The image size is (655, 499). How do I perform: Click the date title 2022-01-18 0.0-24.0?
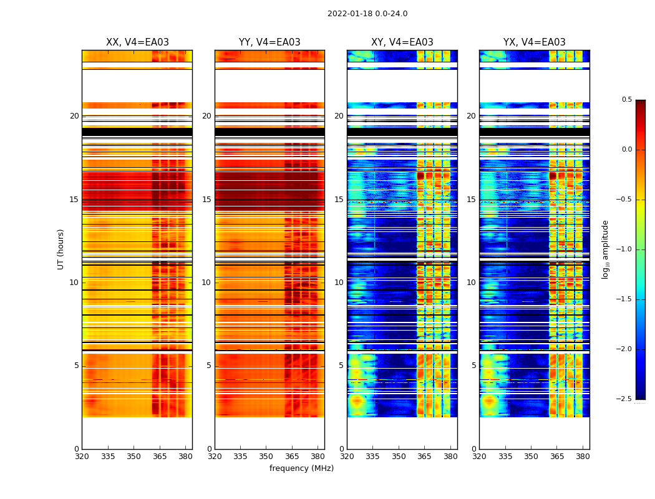click(367, 14)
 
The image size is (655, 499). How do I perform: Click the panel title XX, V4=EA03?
click(137, 42)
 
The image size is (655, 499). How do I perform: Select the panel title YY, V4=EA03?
click(269, 42)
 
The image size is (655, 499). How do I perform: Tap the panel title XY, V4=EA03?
click(402, 42)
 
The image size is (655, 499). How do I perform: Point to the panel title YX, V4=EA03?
click(535, 42)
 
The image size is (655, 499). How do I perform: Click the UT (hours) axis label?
click(61, 249)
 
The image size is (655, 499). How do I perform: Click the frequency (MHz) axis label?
click(301, 468)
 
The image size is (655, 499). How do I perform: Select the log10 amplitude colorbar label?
click(605, 249)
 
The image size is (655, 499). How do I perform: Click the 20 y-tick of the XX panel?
click(74, 116)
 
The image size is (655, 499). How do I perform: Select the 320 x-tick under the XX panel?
click(82, 456)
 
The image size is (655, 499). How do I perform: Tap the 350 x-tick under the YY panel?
click(266, 456)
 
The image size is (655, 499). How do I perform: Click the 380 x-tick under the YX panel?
click(583, 456)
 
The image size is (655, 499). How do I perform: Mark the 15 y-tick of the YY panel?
click(206, 200)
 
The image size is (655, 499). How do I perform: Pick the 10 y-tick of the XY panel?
click(339, 283)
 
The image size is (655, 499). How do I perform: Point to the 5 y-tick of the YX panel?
click(473, 366)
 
